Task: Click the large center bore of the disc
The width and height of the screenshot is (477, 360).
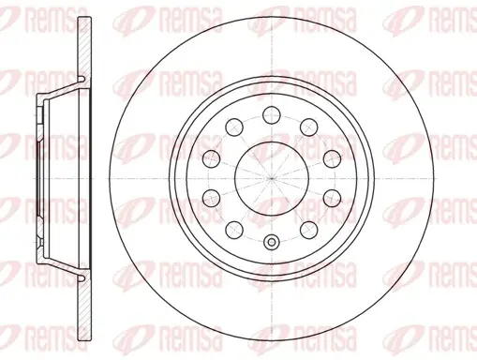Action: pyautogui.click(x=272, y=178)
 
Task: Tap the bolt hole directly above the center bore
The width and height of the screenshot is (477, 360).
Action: pyautogui.click(x=272, y=115)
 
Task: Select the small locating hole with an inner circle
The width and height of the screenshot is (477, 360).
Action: pyautogui.click(x=272, y=242)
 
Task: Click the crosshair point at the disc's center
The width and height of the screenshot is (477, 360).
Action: pyautogui.click(x=272, y=178)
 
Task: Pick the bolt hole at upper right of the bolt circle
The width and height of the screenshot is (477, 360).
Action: pyautogui.click(x=309, y=127)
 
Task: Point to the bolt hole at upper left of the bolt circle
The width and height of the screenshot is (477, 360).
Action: pyautogui.click(x=234, y=127)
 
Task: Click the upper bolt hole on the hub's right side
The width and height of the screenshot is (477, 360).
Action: pyautogui.click(x=332, y=158)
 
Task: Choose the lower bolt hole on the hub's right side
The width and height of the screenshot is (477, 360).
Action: pyautogui.click(x=332, y=198)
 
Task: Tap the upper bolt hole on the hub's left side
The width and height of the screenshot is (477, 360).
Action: pyautogui.click(x=212, y=158)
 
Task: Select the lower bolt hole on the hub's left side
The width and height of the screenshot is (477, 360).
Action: pyautogui.click(x=212, y=198)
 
